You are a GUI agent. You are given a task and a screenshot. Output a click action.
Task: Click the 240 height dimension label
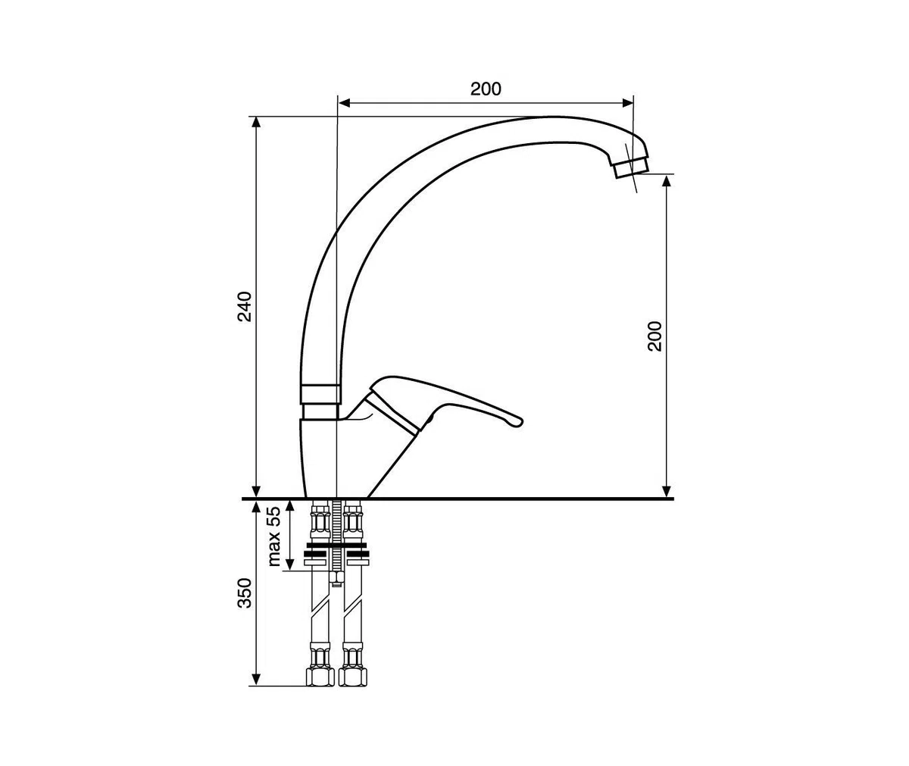245,307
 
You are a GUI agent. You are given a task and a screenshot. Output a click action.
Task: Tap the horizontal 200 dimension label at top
486,89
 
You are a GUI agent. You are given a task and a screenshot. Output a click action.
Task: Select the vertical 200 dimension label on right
654,336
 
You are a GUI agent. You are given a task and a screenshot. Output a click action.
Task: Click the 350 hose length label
245,593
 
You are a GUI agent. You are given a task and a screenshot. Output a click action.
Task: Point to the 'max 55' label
274,536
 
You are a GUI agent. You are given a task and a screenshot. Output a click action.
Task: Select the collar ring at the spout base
320,395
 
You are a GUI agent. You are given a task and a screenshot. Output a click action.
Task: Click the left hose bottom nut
320,677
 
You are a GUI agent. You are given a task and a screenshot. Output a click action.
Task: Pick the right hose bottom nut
353,677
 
